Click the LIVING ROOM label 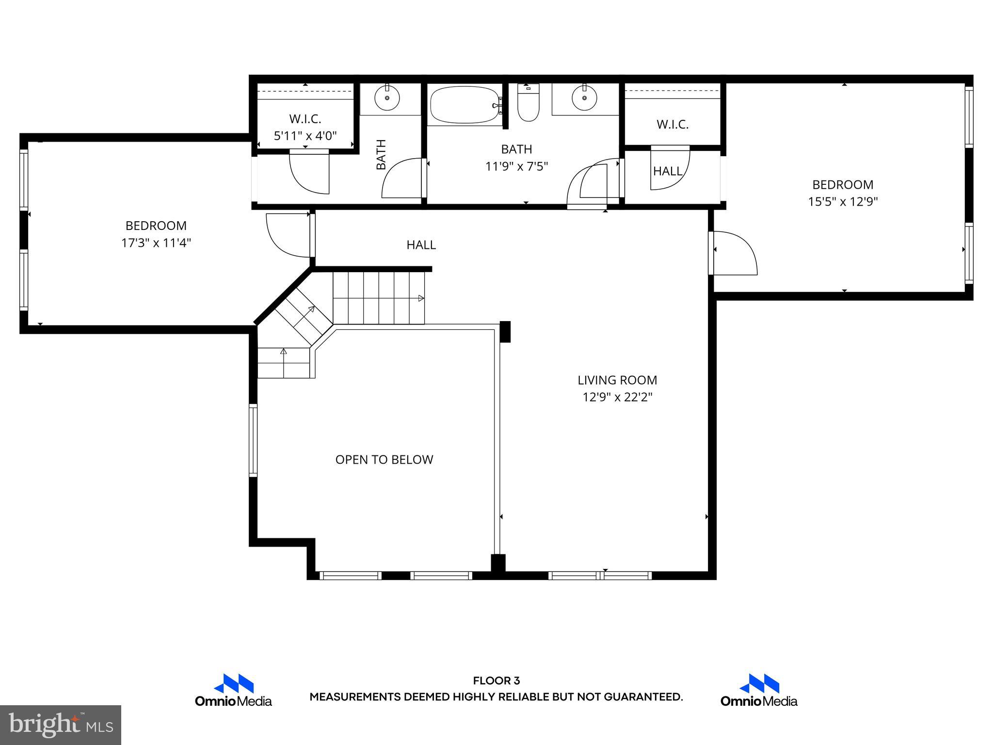pos(617,380)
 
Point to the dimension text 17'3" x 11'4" pos(156,243)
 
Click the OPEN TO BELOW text pos(384,459)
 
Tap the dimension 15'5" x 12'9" pos(843,202)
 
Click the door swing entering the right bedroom pos(733,253)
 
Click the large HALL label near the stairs pos(421,245)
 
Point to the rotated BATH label pos(382,154)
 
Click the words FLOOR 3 pos(496,681)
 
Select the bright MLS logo pos(61,725)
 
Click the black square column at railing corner pos(505,332)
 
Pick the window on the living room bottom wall pos(600,576)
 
